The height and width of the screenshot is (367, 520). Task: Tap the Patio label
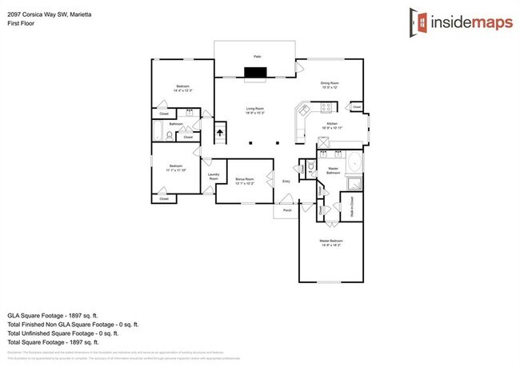(x=258, y=57)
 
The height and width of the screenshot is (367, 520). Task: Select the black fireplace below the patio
(x=256, y=74)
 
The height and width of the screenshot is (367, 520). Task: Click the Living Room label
(x=255, y=110)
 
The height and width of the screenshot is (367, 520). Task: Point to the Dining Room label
(x=330, y=83)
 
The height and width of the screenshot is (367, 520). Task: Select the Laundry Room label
(x=214, y=176)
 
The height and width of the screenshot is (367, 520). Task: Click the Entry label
(x=286, y=182)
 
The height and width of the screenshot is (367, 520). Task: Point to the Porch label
(x=288, y=210)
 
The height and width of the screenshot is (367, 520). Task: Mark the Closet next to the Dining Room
(x=356, y=106)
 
